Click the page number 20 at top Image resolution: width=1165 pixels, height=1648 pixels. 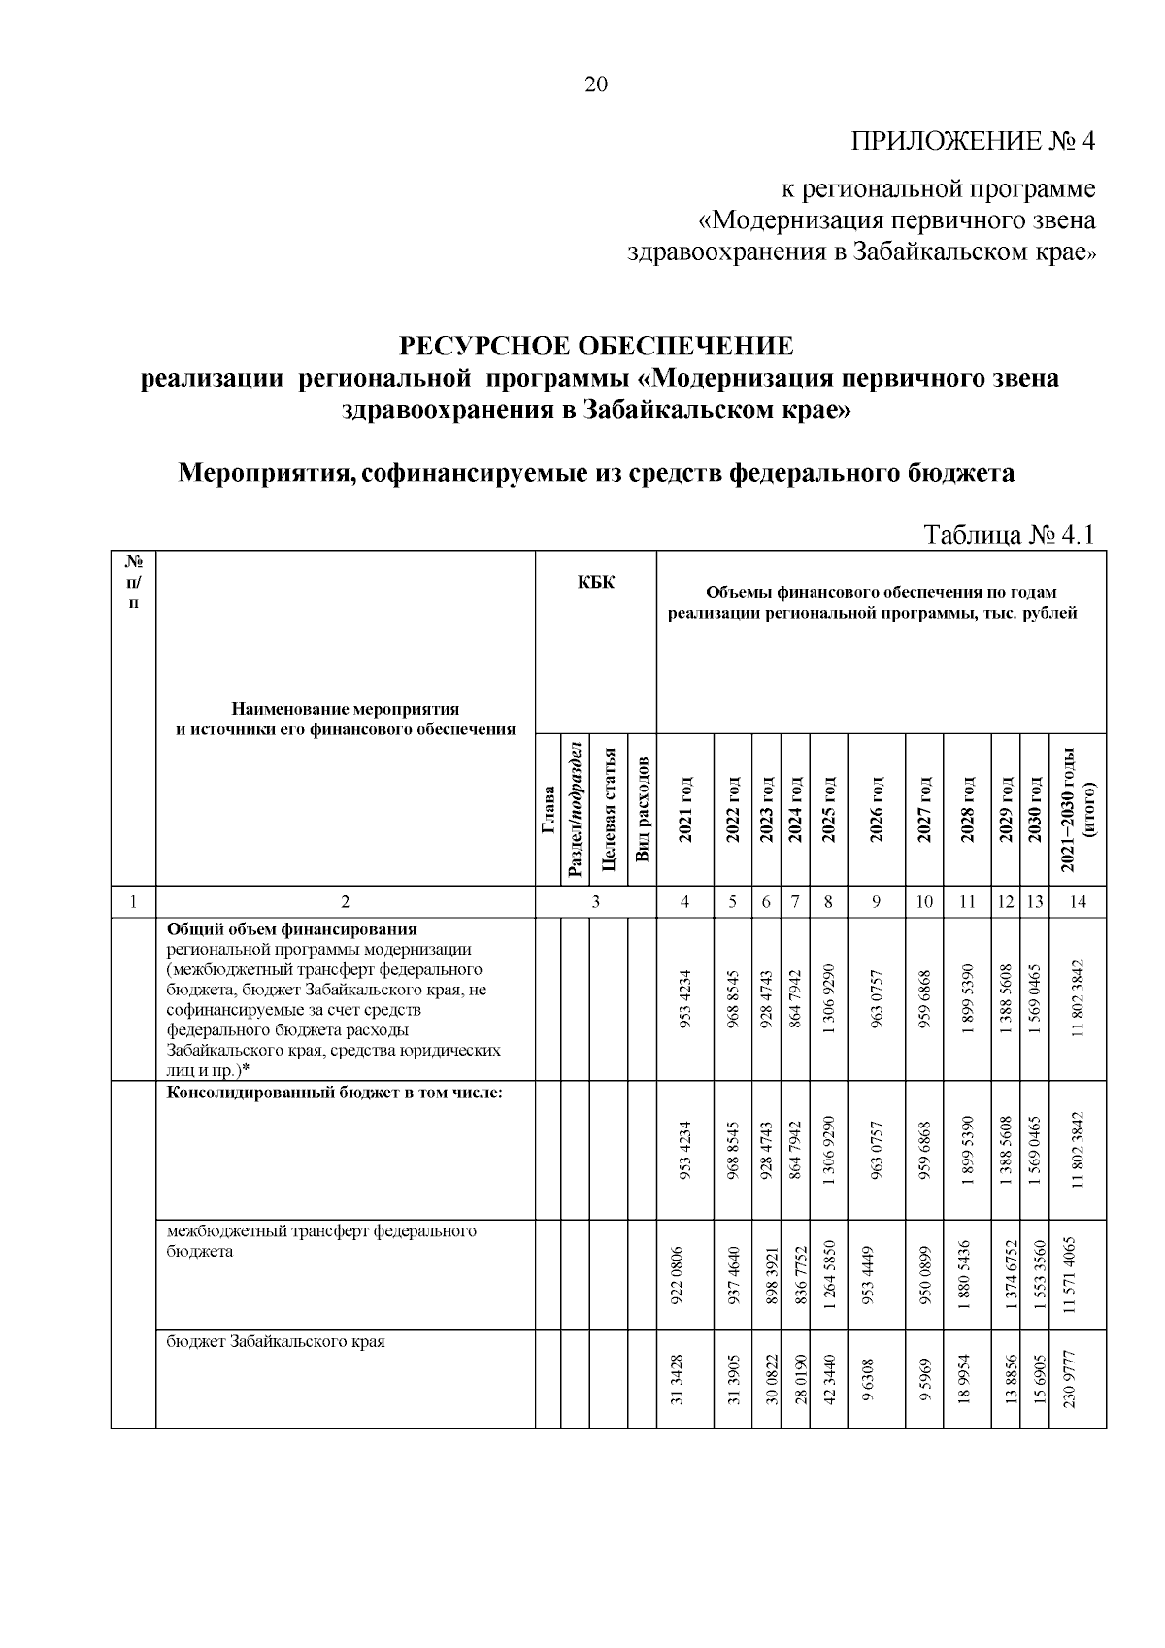pos(595,84)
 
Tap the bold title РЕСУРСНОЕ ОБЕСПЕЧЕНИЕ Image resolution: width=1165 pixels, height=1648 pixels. pos(597,346)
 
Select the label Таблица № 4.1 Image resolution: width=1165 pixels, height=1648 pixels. pos(1010,535)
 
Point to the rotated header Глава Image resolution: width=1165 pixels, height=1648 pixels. pos(549,811)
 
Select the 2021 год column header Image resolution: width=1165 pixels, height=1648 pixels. pos(685,810)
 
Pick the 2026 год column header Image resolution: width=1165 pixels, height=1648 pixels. pos(876,810)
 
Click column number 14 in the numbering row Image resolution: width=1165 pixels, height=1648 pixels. pos(1078,902)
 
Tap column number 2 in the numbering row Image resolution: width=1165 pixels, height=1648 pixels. pos(346,902)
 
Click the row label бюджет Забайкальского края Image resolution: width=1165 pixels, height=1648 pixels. pos(276,1341)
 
